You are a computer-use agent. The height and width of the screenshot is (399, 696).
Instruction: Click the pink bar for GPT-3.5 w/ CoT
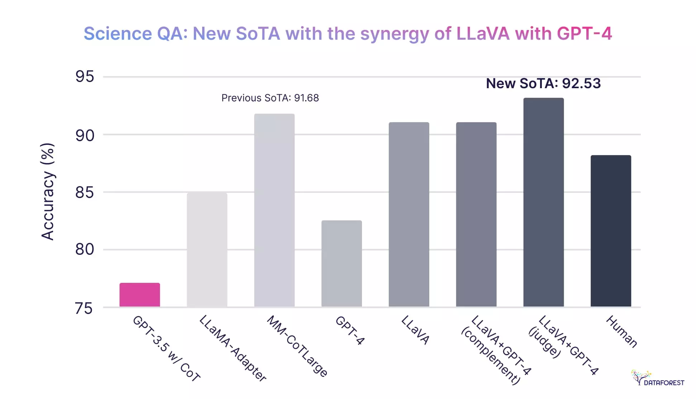tap(139, 295)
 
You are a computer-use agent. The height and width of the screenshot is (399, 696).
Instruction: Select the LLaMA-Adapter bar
tap(207, 250)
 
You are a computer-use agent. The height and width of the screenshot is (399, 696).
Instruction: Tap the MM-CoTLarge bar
tap(274, 210)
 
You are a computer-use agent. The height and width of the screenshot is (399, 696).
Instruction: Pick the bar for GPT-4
tap(341, 263)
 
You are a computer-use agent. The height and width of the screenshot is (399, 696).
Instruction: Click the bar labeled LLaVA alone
tap(409, 214)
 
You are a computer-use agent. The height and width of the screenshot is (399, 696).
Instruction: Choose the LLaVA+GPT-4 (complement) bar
tap(476, 214)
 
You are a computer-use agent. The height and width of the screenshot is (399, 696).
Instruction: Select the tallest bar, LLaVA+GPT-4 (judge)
tap(543, 202)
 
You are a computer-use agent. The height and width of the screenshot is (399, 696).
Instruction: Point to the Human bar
tap(611, 231)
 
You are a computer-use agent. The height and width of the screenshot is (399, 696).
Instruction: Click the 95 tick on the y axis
tap(85, 76)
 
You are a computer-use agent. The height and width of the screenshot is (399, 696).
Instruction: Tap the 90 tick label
tap(85, 136)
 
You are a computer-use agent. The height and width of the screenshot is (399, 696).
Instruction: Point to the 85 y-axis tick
tap(85, 193)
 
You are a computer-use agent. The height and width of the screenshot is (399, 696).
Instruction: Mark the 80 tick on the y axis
tap(85, 249)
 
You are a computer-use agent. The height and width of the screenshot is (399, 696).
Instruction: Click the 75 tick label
tap(84, 308)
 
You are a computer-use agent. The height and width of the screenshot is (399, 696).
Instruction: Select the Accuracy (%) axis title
tap(47, 191)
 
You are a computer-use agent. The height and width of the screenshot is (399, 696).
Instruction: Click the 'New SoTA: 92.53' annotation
tap(543, 83)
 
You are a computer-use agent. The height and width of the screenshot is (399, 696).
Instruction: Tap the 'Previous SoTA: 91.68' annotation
tap(270, 98)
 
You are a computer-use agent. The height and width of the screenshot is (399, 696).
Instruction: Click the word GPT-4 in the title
tap(584, 33)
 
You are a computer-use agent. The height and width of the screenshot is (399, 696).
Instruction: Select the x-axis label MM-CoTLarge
tap(297, 346)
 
